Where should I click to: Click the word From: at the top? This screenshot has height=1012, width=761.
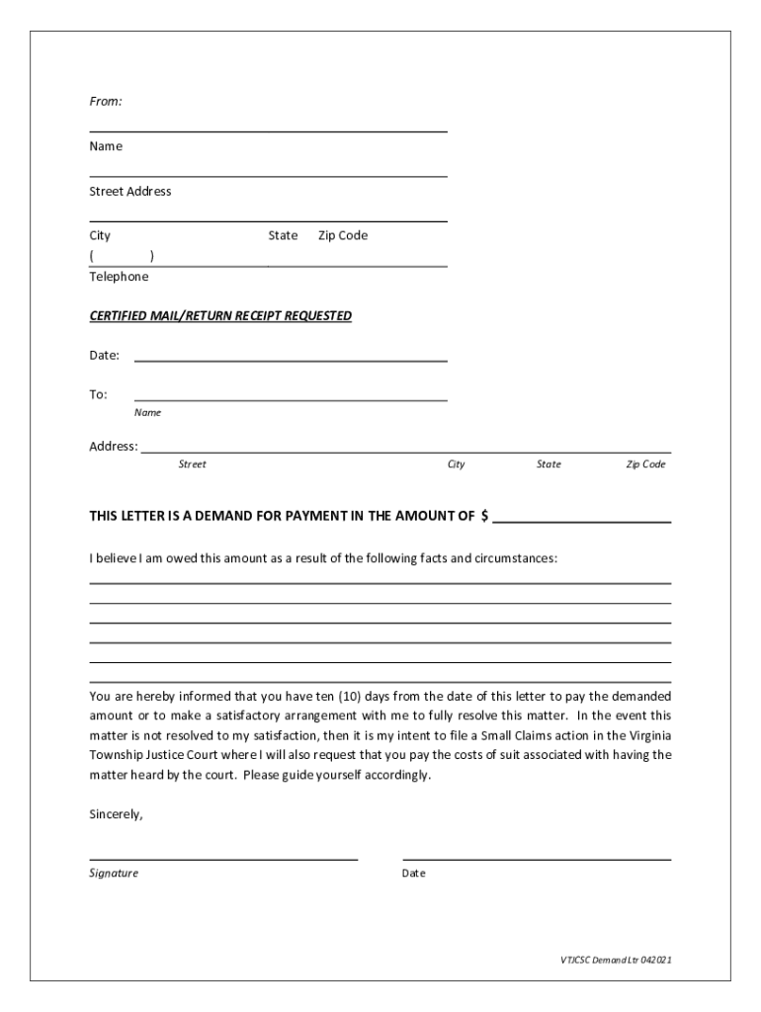tap(106, 102)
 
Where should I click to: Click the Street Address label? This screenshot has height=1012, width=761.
tap(130, 192)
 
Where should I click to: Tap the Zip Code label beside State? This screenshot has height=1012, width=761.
tap(343, 236)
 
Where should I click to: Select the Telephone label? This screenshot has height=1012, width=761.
tap(119, 278)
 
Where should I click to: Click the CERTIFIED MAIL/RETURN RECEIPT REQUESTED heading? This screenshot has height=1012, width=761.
tap(220, 316)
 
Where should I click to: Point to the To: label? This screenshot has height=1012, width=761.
tap(98, 395)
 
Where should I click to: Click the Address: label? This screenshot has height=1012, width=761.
tap(114, 447)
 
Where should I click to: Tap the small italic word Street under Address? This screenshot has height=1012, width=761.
tap(192, 464)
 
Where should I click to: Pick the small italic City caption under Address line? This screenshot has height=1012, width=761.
tap(456, 464)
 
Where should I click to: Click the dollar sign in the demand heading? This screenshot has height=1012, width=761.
tap(484, 516)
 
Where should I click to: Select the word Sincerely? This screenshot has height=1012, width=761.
tap(117, 815)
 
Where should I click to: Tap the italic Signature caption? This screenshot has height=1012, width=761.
tap(114, 874)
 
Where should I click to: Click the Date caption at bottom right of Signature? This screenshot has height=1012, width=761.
tap(414, 874)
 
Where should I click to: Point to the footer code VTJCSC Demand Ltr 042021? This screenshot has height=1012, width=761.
tap(614, 960)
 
